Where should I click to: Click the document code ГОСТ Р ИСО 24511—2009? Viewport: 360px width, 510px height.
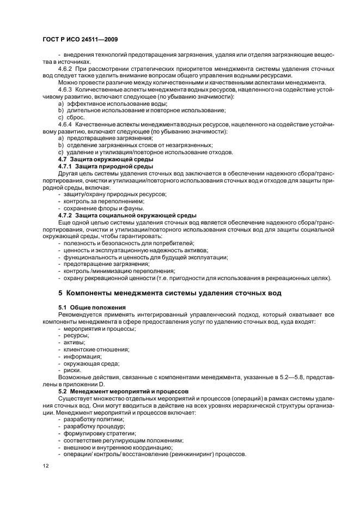80,40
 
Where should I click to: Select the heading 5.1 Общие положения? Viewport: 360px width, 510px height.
88,307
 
